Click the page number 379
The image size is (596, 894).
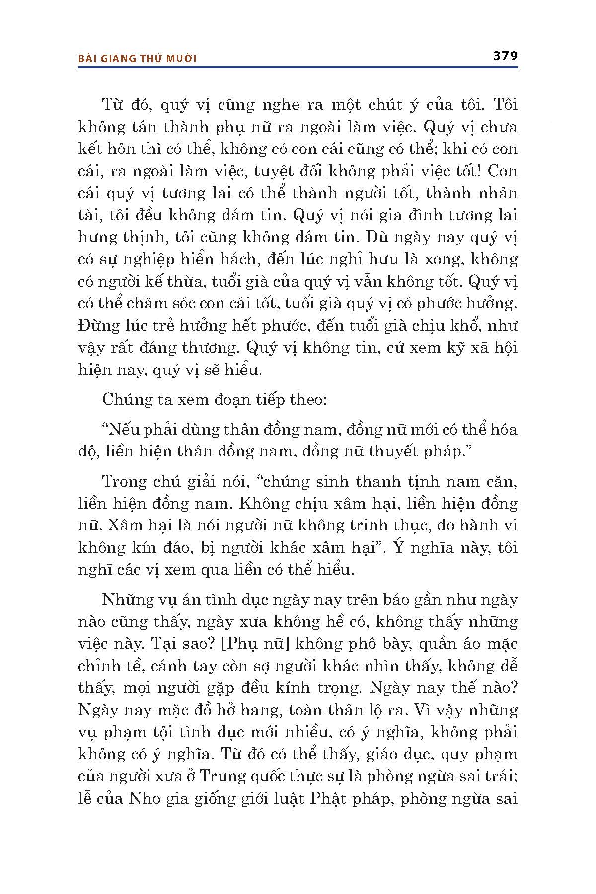coord(505,56)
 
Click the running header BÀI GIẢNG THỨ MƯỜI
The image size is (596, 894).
coord(138,59)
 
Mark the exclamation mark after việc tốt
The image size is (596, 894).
coord(480,171)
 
